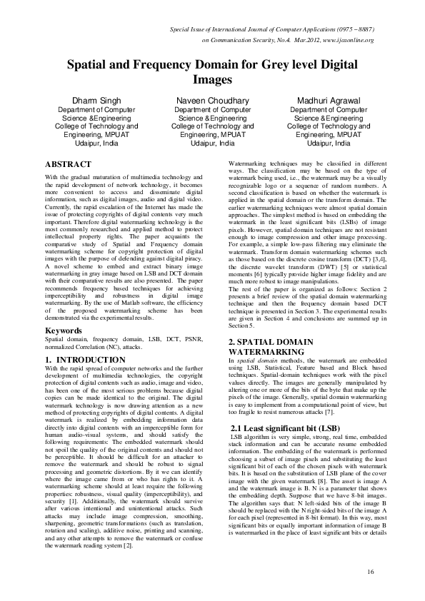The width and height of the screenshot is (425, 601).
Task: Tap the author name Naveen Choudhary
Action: tap(213, 101)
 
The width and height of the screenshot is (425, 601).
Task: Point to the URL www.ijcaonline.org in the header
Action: tap(349, 41)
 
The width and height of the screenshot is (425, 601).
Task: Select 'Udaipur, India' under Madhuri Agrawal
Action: tap(329, 143)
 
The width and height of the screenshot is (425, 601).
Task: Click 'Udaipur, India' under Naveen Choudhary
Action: tap(213, 143)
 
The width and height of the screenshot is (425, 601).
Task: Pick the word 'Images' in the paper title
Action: tap(213, 79)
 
